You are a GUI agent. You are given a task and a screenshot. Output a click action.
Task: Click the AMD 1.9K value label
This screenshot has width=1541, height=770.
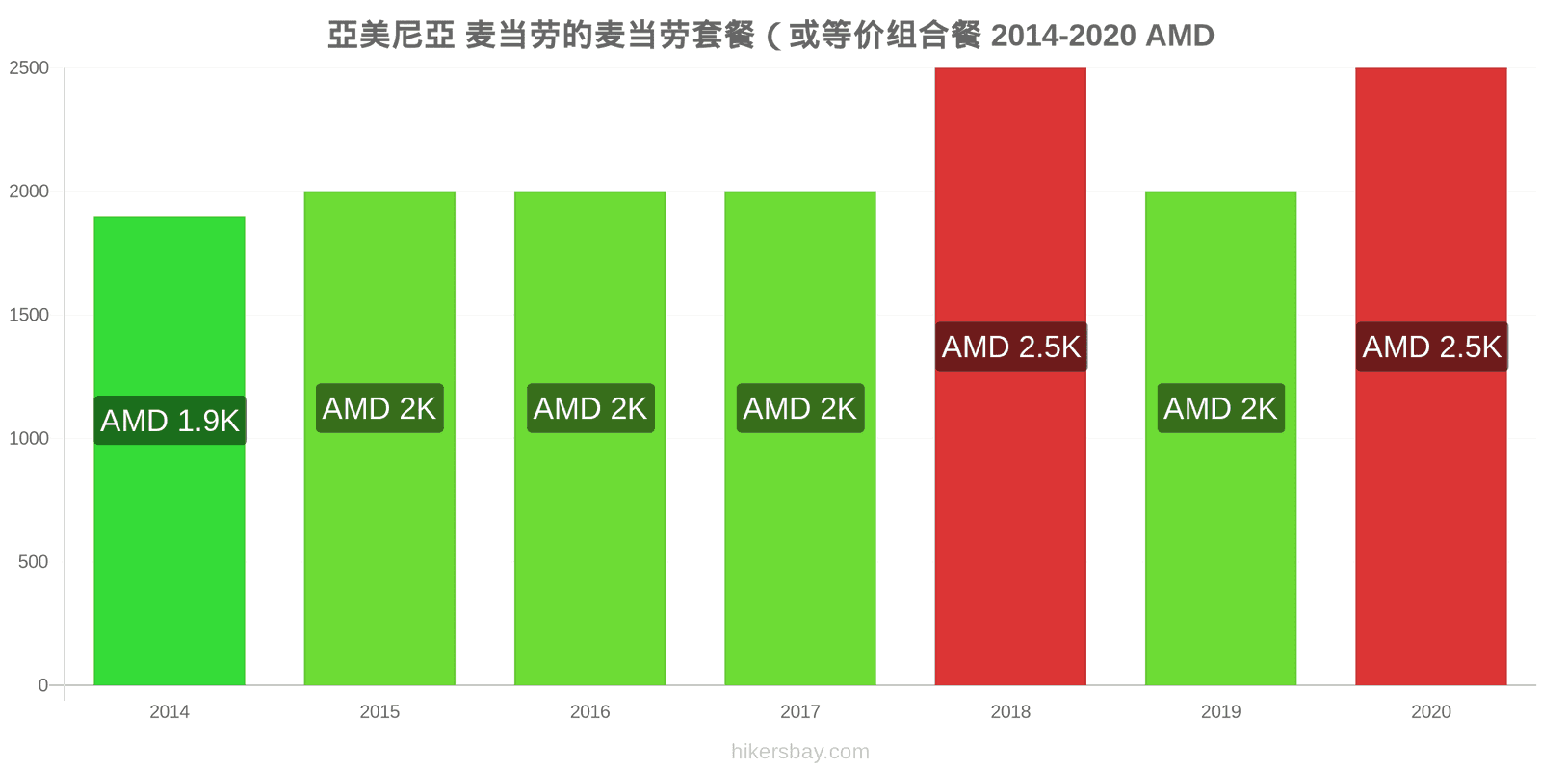(x=170, y=420)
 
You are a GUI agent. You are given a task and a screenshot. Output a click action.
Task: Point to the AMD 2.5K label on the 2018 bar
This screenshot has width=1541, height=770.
(x=1011, y=346)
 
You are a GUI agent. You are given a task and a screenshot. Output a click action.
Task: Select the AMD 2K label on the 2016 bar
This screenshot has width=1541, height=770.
(x=590, y=408)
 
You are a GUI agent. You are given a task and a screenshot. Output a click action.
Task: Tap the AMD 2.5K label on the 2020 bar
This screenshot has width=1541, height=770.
(x=1431, y=346)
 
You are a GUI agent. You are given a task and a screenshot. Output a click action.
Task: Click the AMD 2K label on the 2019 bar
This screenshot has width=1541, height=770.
(x=1221, y=408)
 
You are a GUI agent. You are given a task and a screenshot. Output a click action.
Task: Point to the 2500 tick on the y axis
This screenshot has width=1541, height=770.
(x=29, y=68)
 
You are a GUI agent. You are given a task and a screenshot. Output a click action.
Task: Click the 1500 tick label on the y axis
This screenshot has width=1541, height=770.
(x=29, y=315)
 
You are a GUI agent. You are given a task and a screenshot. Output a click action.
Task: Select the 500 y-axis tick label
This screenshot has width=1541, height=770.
(x=33, y=562)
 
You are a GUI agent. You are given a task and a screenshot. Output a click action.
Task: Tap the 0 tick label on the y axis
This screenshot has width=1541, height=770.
(x=43, y=685)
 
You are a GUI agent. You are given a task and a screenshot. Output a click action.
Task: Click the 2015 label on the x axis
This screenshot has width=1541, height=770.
(x=379, y=711)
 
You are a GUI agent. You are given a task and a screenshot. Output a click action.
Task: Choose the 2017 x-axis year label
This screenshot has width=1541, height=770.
(x=800, y=711)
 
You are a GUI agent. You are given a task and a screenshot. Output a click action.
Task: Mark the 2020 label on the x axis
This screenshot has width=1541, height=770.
(x=1431, y=711)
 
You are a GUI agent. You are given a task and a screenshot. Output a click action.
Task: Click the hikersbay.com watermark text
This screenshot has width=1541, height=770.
(x=800, y=752)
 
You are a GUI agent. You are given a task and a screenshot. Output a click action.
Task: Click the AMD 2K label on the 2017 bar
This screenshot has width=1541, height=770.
(x=800, y=408)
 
